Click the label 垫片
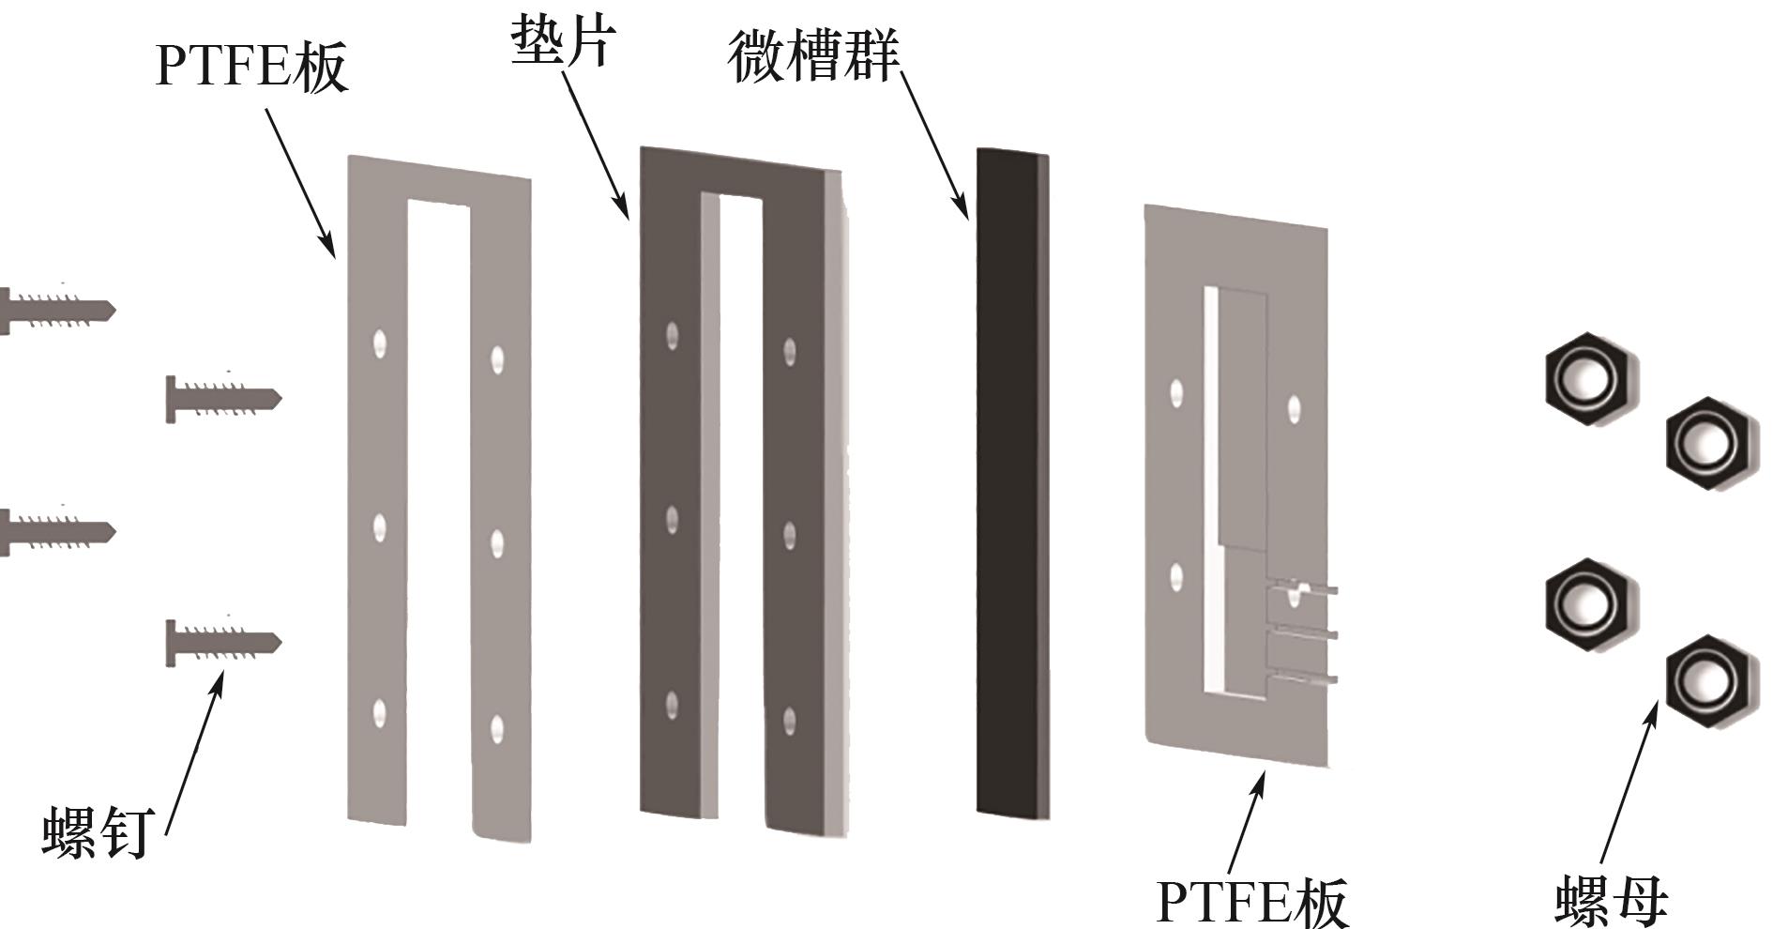coord(563,42)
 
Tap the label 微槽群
coord(812,56)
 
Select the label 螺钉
coord(96,831)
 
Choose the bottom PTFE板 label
coord(1251,901)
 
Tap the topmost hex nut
coord(1589,378)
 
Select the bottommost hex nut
coord(1709,682)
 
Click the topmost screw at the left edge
coord(56,310)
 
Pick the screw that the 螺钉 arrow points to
coord(223,642)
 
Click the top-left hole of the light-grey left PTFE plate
coord(379,343)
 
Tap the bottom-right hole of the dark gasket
coord(790,721)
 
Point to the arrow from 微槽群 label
coord(933,145)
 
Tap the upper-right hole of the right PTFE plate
coord(1295,408)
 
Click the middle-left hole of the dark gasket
coord(672,520)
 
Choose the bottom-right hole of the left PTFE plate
coord(497,728)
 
